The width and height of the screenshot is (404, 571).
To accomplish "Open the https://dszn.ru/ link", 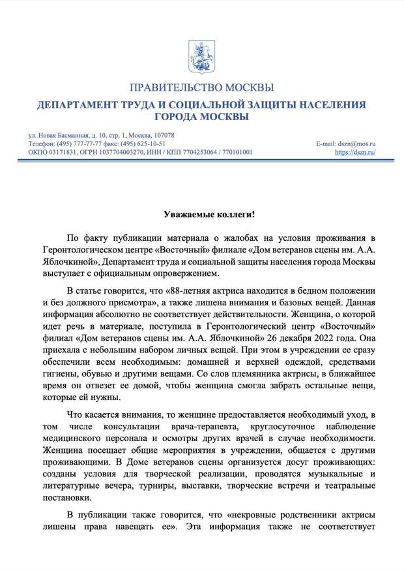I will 356,152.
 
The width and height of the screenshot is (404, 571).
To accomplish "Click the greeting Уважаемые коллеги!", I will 202,214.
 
